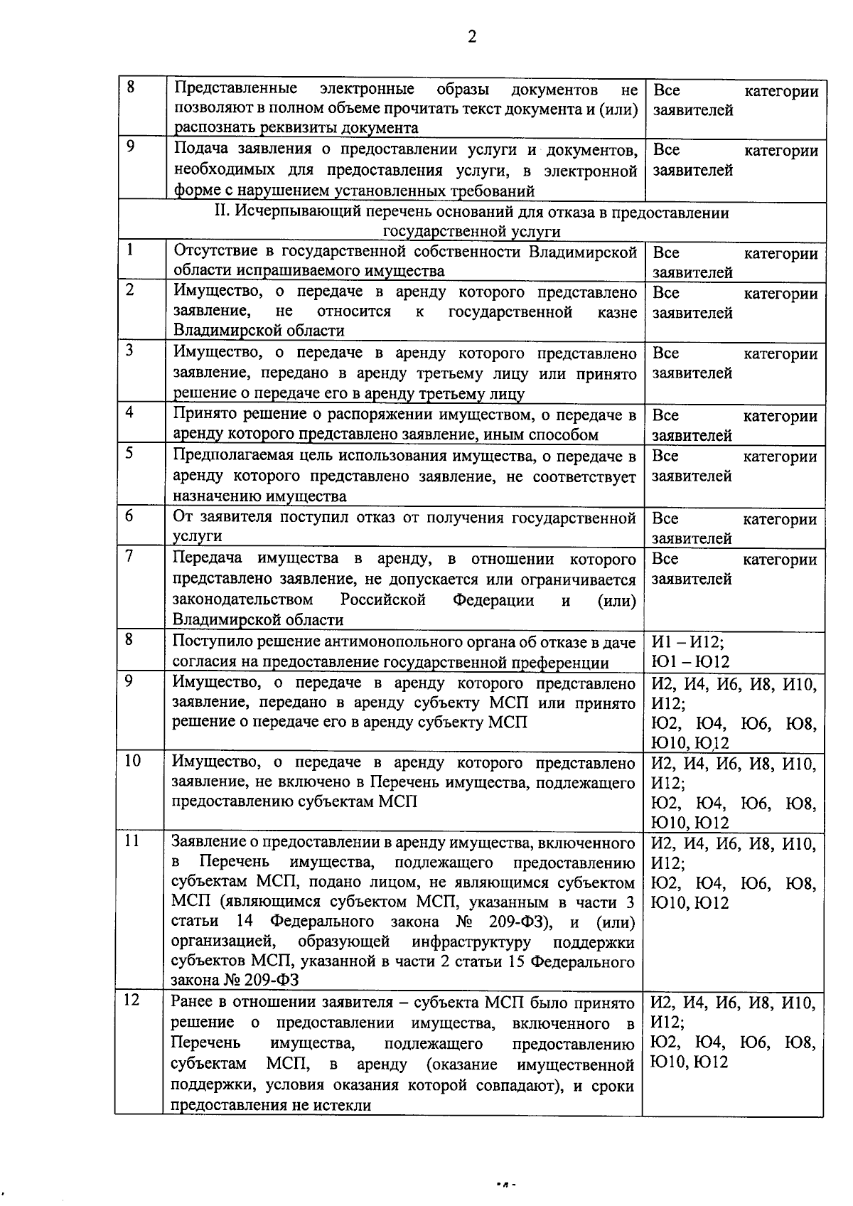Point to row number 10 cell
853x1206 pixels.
[132, 761]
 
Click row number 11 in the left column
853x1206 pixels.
[132, 841]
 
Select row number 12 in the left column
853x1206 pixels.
[132, 1000]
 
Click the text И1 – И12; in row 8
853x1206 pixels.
[687, 642]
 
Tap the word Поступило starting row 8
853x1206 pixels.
[209, 642]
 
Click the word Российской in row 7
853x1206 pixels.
[382, 599]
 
